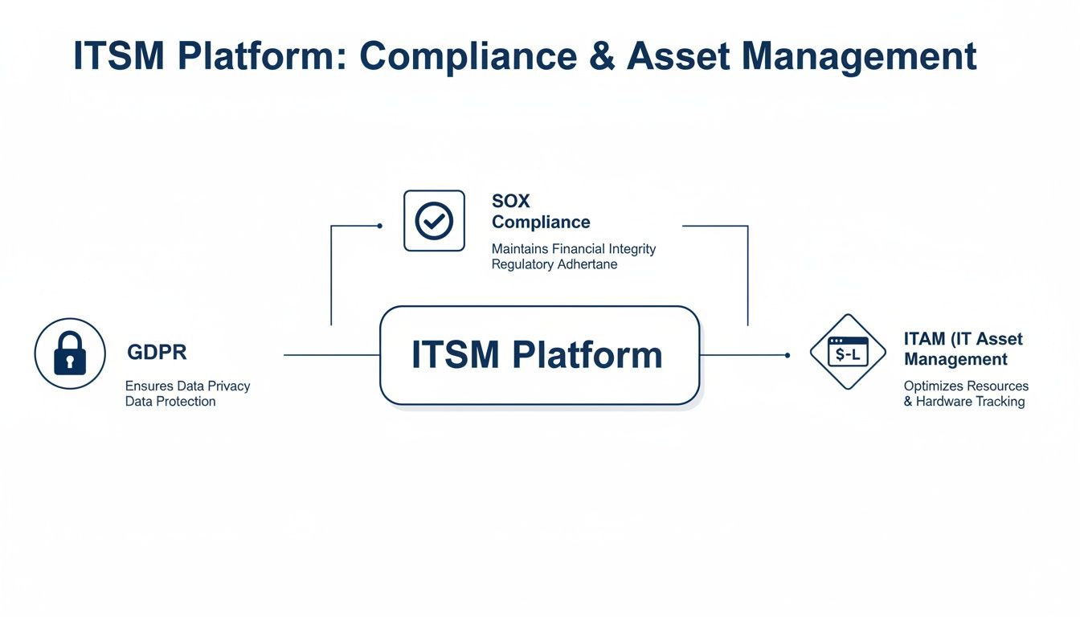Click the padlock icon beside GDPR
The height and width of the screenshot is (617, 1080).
[x=70, y=353]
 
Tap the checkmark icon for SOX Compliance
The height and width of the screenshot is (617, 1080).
[x=434, y=221]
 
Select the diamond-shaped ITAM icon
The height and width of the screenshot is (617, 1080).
[x=848, y=352]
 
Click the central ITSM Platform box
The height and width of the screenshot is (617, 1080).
[x=538, y=355]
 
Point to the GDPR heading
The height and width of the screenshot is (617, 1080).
[x=157, y=353]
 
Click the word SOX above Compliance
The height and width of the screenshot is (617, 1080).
[x=511, y=201]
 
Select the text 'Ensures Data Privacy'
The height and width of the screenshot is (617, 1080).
[x=187, y=386]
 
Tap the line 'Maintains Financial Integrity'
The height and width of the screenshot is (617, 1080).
[x=573, y=249]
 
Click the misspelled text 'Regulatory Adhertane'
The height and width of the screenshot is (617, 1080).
[x=554, y=264]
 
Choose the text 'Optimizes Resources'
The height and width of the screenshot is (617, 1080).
[x=966, y=386]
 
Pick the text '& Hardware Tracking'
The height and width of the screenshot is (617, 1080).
[x=963, y=402]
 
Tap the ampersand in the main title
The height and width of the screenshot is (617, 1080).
[x=599, y=56]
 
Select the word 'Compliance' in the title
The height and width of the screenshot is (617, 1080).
[x=468, y=56]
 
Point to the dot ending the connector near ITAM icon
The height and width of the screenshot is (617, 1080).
[x=787, y=355]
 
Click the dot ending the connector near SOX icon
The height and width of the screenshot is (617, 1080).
[x=379, y=226]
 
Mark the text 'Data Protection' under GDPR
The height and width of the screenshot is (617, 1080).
[x=170, y=402]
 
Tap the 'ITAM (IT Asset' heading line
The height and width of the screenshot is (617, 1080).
[x=963, y=339]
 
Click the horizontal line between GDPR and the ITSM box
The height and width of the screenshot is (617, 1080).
[x=331, y=355]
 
